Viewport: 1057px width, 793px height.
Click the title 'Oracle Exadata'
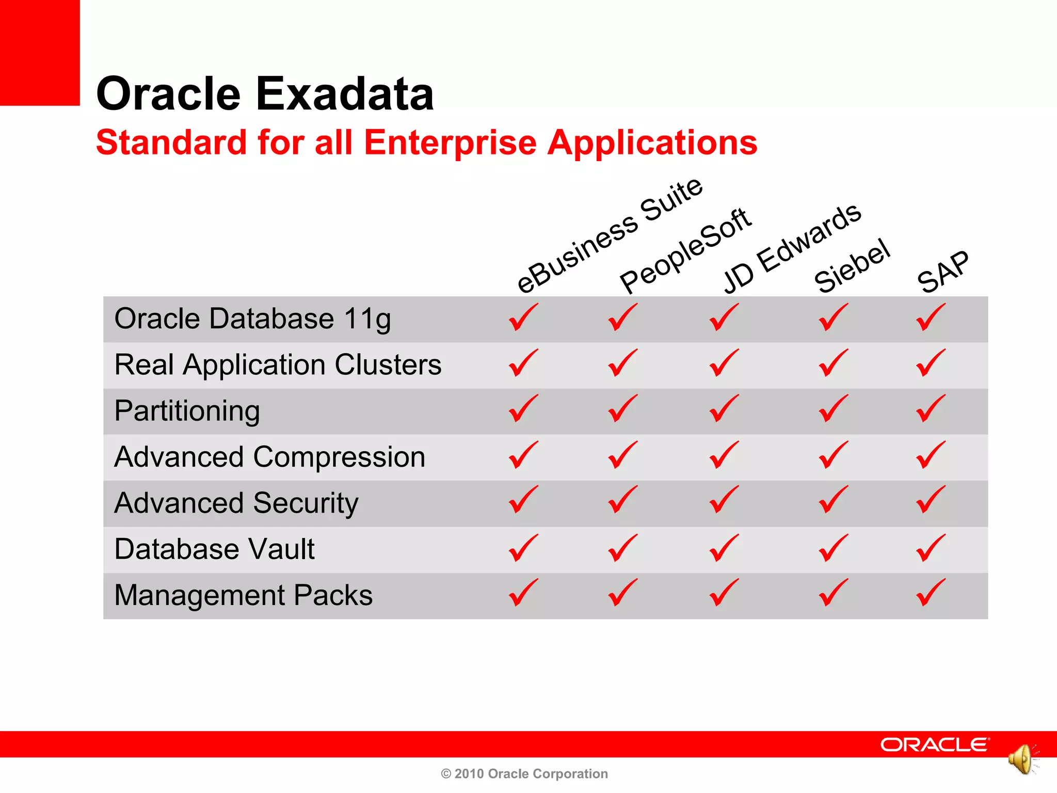[265, 94]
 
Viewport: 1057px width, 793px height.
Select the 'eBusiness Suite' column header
[610, 235]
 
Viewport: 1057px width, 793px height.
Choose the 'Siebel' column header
[852, 266]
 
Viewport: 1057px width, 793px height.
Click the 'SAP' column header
[943, 272]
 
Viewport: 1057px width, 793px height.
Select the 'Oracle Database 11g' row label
[252, 319]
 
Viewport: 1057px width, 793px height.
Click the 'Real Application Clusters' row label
[278, 364]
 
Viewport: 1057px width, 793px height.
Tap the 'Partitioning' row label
[187, 411]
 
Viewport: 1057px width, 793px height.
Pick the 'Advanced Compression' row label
[269, 457]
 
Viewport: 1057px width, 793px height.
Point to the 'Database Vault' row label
[214, 549]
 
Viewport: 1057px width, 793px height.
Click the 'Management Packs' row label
[243, 595]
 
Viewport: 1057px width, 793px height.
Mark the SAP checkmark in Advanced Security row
[931, 500]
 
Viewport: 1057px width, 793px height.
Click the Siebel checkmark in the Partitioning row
[833, 408]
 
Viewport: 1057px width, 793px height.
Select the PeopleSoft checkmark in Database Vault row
[622, 548]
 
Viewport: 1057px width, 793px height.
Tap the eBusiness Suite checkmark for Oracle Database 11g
[523, 317]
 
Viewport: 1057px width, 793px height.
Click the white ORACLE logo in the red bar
[934, 744]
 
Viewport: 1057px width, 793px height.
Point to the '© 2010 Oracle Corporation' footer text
[524, 773]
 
